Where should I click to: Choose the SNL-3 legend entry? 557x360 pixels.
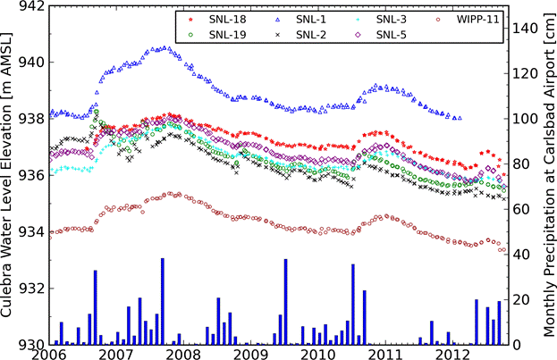pos(391,18)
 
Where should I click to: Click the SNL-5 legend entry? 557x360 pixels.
pos(391,34)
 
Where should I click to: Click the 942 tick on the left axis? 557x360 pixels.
pos(31,6)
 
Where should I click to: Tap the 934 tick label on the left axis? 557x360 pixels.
pos(31,232)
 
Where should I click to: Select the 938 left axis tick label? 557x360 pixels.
pos(31,119)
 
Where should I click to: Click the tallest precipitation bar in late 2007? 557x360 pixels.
pos(162,299)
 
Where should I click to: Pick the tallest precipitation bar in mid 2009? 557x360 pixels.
pos(285,300)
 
